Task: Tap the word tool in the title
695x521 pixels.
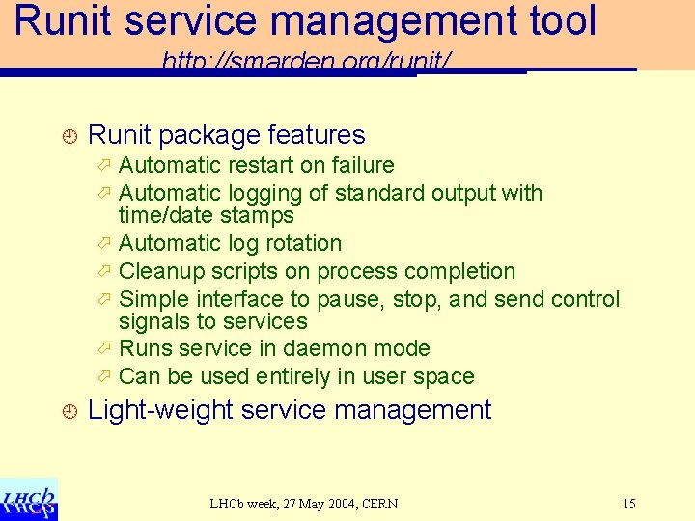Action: point(559,21)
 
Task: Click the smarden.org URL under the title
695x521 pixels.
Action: point(306,64)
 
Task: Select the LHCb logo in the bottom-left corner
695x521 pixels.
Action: point(29,499)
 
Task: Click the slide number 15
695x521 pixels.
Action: point(628,504)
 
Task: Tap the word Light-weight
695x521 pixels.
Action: point(160,410)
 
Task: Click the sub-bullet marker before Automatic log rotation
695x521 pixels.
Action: point(106,243)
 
